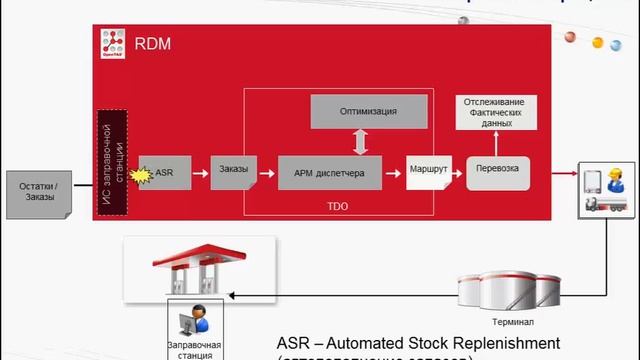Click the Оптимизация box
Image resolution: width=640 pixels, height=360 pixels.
(x=368, y=111)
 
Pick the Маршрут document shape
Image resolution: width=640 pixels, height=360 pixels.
(x=429, y=171)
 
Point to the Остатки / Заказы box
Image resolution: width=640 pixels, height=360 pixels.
(x=42, y=190)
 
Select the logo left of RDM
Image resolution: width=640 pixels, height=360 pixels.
(x=111, y=45)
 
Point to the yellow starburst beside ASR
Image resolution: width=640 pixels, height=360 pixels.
(x=142, y=175)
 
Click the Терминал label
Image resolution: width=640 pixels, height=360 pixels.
(x=513, y=322)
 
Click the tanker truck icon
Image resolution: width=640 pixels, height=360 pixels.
(x=609, y=202)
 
